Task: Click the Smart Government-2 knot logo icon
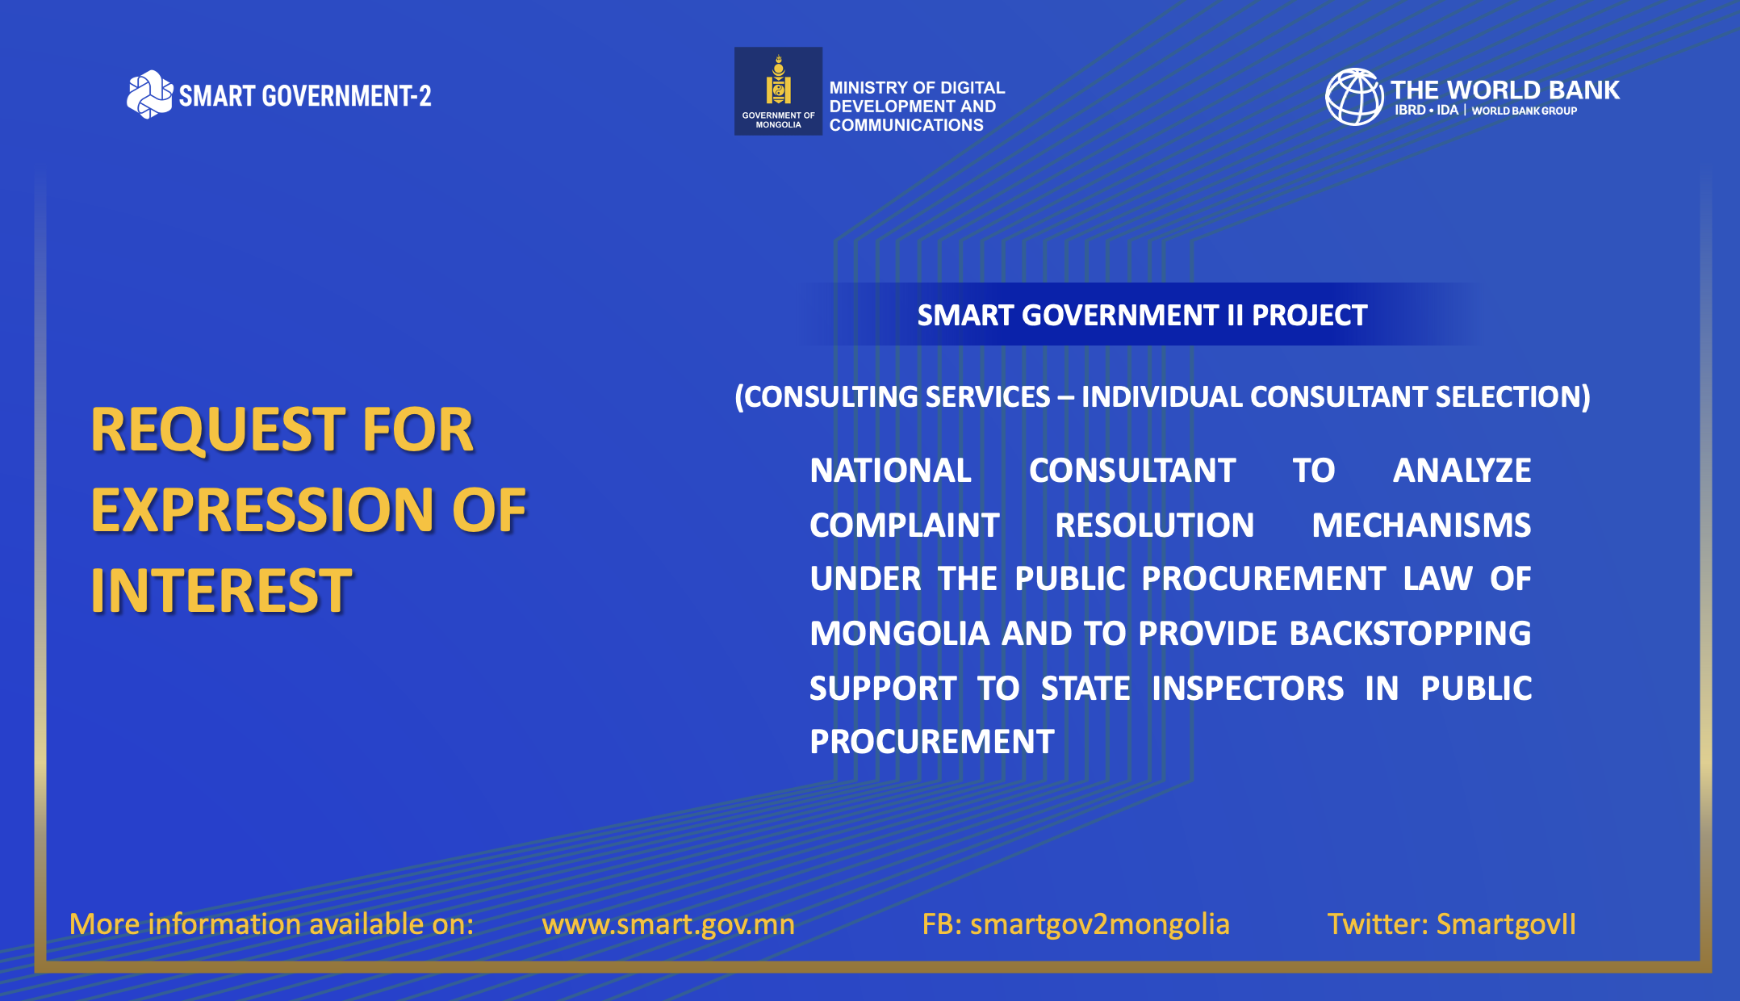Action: [149, 94]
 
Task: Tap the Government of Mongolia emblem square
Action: [778, 91]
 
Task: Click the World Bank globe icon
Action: [1354, 97]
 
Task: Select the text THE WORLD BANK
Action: [1505, 90]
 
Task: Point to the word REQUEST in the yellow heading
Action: [219, 430]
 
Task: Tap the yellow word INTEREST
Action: [221, 590]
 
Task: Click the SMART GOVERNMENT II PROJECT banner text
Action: [1142, 315]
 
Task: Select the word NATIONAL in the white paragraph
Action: [890, 471]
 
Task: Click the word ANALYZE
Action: [1462, 471]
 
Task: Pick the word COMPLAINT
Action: [905, 526]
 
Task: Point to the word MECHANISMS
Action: [1421, 526]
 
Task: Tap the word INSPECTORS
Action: [1248, 689]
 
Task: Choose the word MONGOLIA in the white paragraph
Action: [899, 634]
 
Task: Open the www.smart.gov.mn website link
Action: [668, 924]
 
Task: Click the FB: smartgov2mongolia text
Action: [1076, 924]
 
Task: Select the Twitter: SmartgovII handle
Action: [1451, 924]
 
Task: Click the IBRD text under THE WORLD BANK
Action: [1410, 111]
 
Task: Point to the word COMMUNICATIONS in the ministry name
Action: [906, 125]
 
